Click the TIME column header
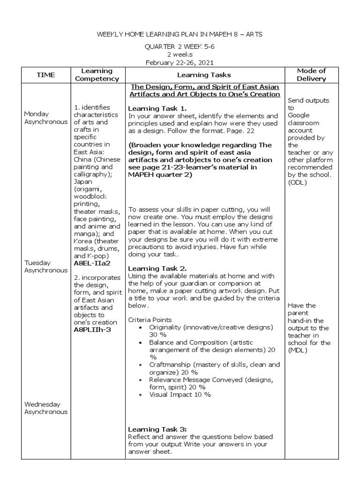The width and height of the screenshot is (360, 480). pyautogui.click(x=46, y=75)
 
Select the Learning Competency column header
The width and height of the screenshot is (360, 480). pyautogui.click(x=97, y=75)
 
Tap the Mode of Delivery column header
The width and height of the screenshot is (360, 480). pyautogui.click(x=311, y=75)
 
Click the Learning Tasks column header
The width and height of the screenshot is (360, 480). pyautogui.click(x=204, y=75)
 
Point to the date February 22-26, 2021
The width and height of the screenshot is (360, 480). pyautogui.click(x=180, y=62)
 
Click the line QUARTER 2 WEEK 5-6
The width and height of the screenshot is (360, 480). pyautogui.click(x=180, y=47)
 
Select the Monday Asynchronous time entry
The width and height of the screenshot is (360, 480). pyautogui.click(x=46, y=118)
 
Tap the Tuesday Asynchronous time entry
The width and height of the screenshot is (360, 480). pyautogui.click(x=46, y=267)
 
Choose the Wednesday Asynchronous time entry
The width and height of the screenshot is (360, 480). pyautogui.click(x=46, y=408)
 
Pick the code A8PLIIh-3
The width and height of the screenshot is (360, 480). pyautogui.click(x=93, y=330)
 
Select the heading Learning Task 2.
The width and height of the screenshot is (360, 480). pyautogui.click(x=157, y=269)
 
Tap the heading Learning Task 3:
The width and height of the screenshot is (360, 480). pyautogui.click(x=157, y=429)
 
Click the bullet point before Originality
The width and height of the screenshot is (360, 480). pyautogui.click(x=141, y=327)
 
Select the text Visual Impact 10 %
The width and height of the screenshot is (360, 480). pyautogui.click(x=180, y=395)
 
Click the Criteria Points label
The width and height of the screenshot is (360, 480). pyautogui.click(x=150, y=319)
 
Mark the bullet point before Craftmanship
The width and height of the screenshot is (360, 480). pyautogui.click(x=141, y=365)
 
